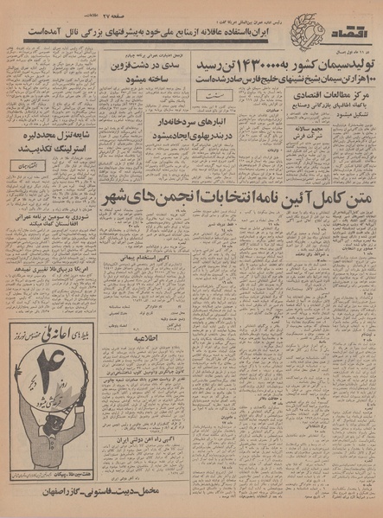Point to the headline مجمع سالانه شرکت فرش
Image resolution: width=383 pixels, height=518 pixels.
point(343,160)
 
